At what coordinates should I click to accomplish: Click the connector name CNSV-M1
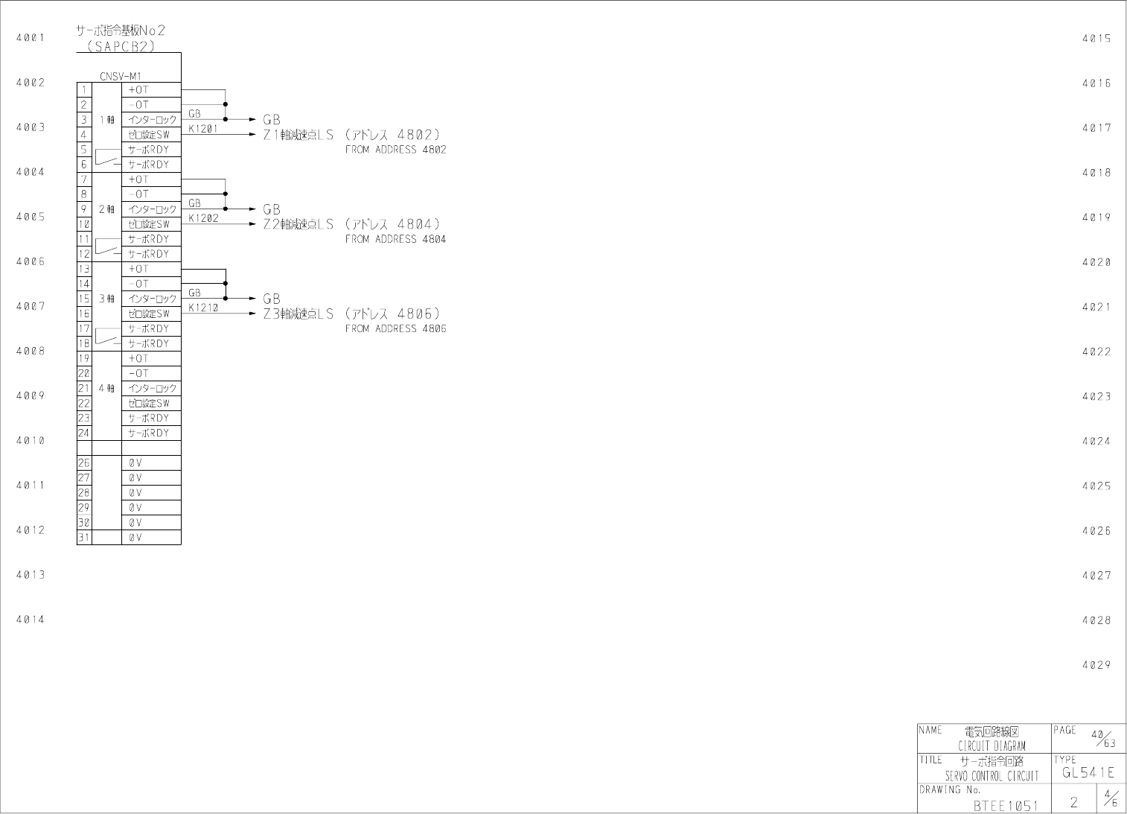click(x=120, y=76)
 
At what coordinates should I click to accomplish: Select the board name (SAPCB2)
click(x=120, y=46)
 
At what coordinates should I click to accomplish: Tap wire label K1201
click(x=203, y=129)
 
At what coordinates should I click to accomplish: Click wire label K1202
click(x=203, y=218)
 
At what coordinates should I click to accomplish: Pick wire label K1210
click(x=203, y=308)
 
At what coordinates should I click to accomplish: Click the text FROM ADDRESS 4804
click(x=395, y=239)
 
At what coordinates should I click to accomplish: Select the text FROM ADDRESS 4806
click(x=395, y=328)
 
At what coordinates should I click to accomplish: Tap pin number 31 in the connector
click(x=84, y=537)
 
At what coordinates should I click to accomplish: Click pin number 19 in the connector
click(x=84, y=358)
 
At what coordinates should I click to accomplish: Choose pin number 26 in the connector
click(x=84, y=462)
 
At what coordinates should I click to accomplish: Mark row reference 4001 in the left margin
click(x=31, y=37)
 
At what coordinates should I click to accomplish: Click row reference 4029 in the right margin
click(x=1096, y=665)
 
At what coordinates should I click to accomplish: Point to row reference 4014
click(x=31, y=620)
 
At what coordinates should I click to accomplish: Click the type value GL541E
click(x=1088, y=773)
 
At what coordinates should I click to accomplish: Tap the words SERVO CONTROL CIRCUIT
click(x=992, y=776)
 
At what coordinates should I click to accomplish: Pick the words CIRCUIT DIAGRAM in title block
click(x=992, y=745)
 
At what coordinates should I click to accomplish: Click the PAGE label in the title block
click(x=1065, y=730)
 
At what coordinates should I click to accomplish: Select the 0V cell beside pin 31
click(x=135, y=537)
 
